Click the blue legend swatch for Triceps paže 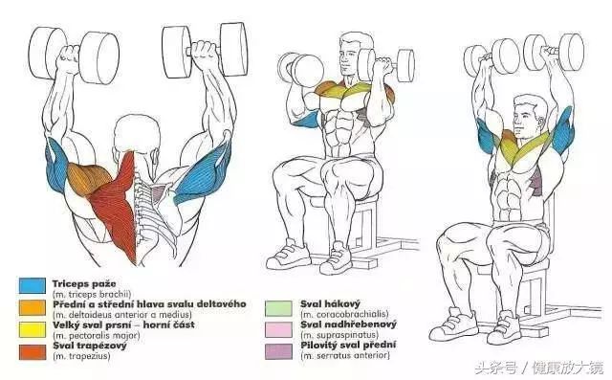[x=33, y=285]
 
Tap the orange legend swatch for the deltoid [x=33, y=308]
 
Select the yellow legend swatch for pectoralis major [x=33, y=329]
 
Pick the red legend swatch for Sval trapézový [x=33, y=352]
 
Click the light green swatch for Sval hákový [x=278, y=308]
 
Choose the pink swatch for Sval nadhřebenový [x=278, y=329]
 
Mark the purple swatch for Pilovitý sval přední [x=278, y=351]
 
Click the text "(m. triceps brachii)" [x=92, y=295]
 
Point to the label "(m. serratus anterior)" [x=345, y=355]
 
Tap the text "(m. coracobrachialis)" [x=344, y=314]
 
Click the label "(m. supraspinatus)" [x=339, y=335]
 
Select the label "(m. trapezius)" [x=81, y=356]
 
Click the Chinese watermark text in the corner [x=539, y=368]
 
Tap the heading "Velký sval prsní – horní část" [x=123, y=324]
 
